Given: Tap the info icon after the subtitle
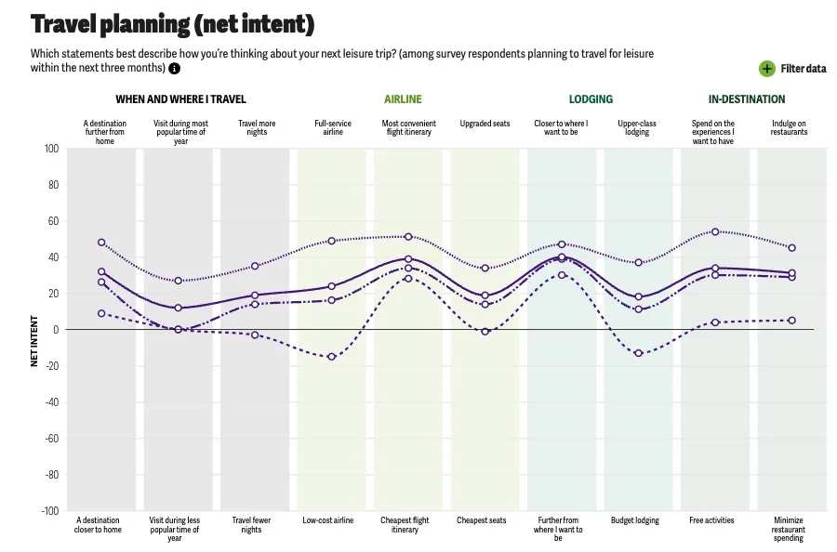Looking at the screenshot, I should (x=174, y=68).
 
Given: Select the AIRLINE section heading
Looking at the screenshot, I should (x=403, y=99).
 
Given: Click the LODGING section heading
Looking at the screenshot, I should (x=591, y=99).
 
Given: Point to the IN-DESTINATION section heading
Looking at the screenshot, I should (x=746, y=99).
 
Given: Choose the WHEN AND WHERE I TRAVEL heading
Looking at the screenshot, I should (x=180, y=99).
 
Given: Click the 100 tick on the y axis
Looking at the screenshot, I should (x=51, y=149).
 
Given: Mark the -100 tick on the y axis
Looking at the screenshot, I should (x=49, y=511).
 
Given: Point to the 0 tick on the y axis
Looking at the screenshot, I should (x=55, y=330).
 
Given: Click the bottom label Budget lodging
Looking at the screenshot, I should (x=636, y=520).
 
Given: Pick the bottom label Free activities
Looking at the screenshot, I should (x=711, y=520).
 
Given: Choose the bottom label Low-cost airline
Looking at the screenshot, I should (x=328, y=520).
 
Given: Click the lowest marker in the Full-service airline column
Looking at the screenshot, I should (x=331, y=357).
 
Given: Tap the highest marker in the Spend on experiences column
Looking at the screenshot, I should (x=715, y=231).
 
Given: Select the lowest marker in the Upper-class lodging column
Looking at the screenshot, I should (x=638, y=353).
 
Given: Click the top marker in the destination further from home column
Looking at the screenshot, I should (x=101, y=243).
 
